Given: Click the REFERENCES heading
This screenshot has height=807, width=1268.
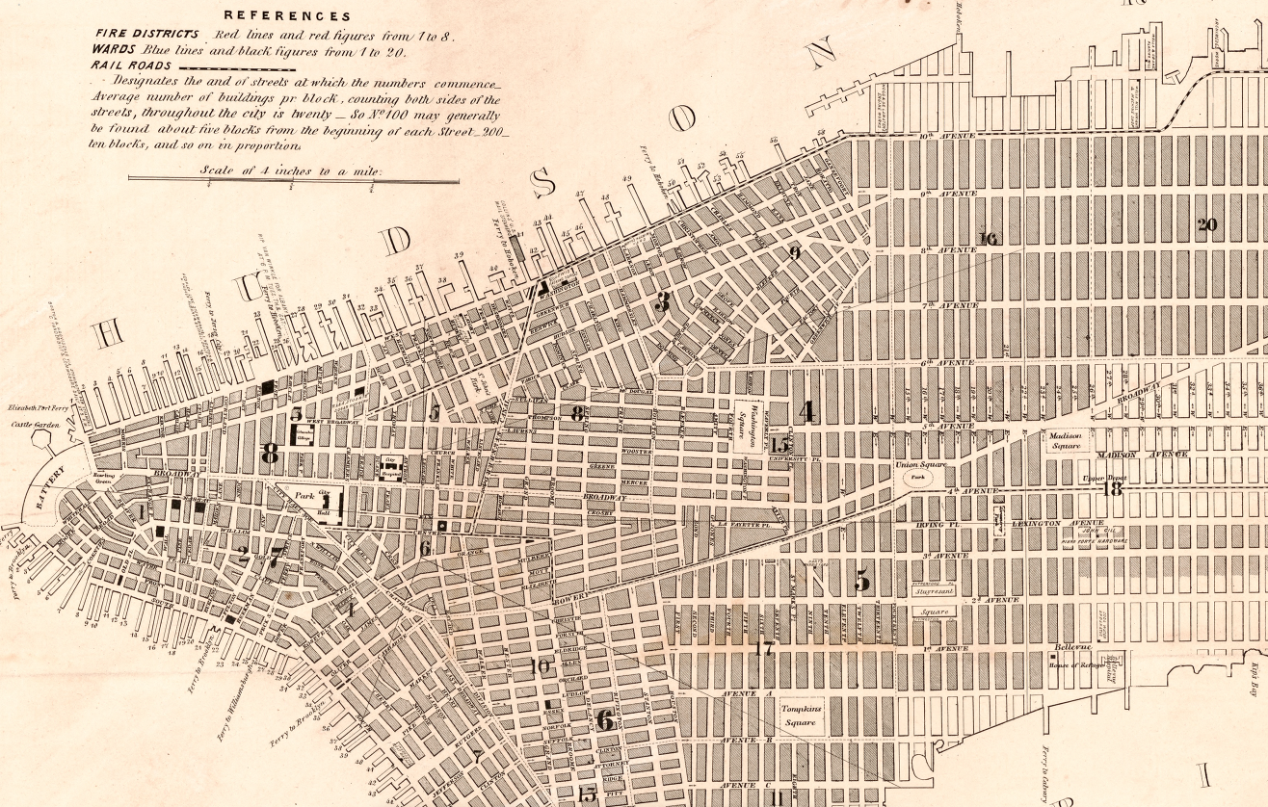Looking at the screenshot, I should (287, 15).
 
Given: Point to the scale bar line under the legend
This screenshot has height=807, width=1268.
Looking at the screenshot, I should (293, 179).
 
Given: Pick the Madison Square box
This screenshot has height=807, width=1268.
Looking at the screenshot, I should (1066, 440).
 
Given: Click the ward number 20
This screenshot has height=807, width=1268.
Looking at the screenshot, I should (1206, 225).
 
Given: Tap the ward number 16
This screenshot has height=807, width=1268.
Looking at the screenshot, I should (988, 239).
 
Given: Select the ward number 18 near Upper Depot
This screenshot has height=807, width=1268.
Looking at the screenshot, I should (1113, 489).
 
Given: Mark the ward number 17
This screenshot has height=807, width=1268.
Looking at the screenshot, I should (764, 649).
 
